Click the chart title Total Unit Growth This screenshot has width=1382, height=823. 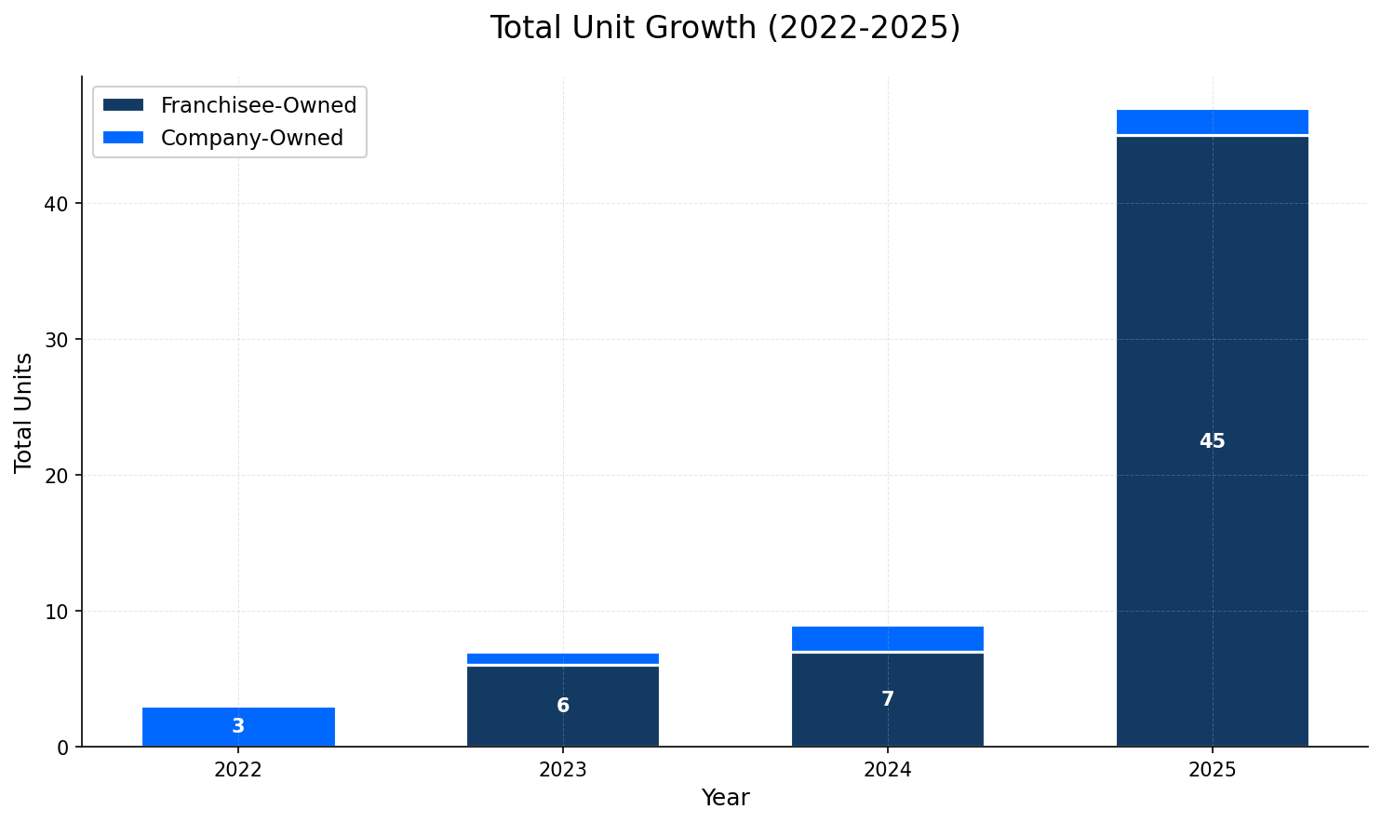pos(724,28)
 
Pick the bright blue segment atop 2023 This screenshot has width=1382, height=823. pos(562,659)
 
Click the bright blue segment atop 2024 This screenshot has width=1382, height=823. pos(887,639)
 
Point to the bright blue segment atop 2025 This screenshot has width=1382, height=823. pos(1212,123)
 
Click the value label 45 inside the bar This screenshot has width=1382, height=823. pos(1212,442)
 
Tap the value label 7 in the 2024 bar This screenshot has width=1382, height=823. pos(887,700)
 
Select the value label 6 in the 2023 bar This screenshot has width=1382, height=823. pos(562,707)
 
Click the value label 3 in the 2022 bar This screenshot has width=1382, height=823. pos(238,727)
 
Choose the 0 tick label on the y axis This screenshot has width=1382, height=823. pos(63,748)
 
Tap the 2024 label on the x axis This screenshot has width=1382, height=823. pos(887,771)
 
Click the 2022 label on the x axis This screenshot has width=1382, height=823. pos(238,771)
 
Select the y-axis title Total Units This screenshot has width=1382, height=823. pos(24,412)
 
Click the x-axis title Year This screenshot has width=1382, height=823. pos(724,799)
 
